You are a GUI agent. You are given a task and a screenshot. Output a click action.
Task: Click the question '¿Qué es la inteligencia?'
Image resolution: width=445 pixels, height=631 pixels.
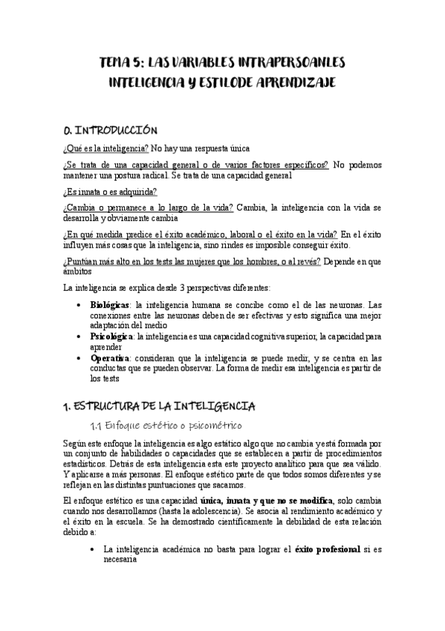106,148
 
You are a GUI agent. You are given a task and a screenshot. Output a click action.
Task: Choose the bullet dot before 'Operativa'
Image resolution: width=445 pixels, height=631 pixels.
80,359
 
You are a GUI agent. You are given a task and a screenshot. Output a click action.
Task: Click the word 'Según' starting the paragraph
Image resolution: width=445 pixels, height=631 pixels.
76,443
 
